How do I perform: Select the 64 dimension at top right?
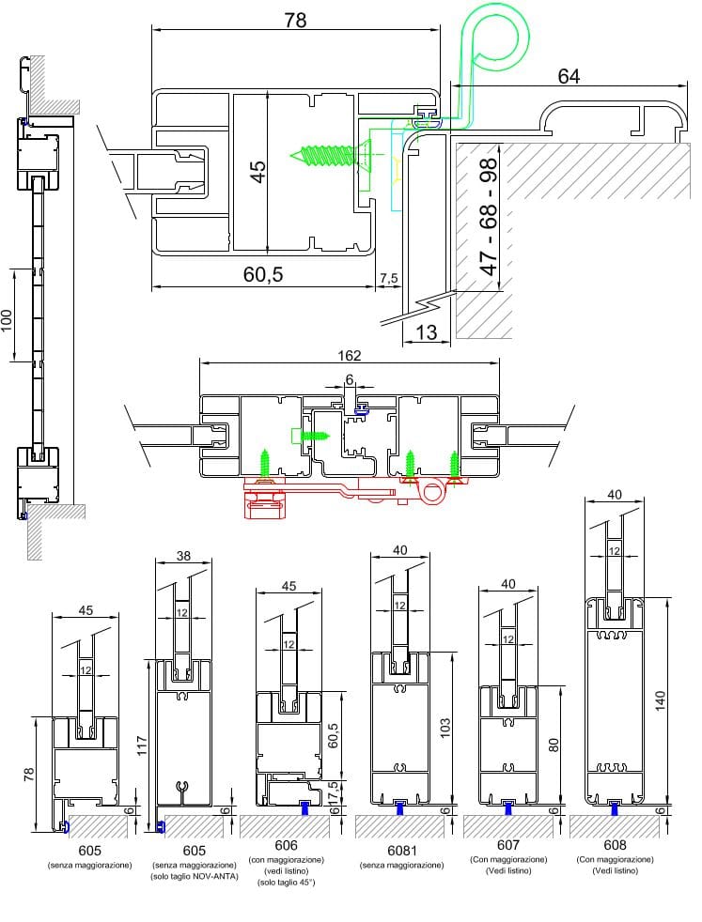pyautogui.click(x=568, y=76)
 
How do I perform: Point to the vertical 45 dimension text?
pyautogui.click(x=257, y=171)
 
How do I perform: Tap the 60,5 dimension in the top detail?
pyautogui.click(x=263, y=274)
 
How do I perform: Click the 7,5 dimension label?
pyautogui.click(x=389, y=279)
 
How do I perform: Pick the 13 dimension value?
pyautogui.click(x=425, y=331)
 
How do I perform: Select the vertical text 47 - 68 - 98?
pyautogui.click(x=488, y=218)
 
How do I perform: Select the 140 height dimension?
pyautogui.click(x=660, y=699)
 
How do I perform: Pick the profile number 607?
pyautogui.click(x=508, y=845)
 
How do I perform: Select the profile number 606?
pyautogui.click(x=289, y=845)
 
